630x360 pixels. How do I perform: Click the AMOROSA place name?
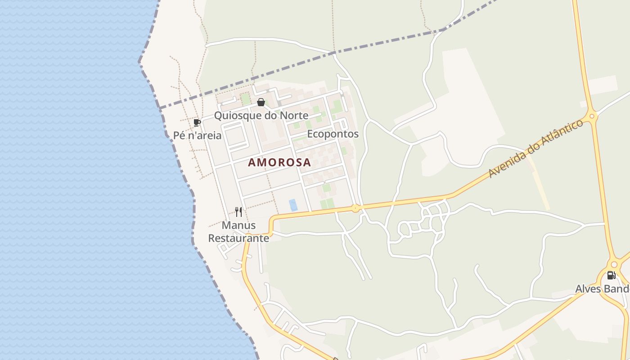[x=279, y=162]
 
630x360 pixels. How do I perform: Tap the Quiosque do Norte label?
[x=261, y=115]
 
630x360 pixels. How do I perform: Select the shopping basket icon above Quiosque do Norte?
[x=261, y=102]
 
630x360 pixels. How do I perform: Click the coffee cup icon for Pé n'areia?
[x=197, y=122]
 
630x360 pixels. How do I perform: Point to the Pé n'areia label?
[x=197, y=135]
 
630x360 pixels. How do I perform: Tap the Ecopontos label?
[x=333, y=134]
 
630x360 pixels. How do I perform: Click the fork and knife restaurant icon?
[x=238, y=211]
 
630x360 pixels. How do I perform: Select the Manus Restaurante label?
[x=238, y=231]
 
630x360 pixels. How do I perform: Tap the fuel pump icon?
[x=611, y=275]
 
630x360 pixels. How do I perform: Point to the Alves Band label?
[x=602, y=288]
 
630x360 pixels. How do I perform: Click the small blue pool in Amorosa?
[x=293, y=205]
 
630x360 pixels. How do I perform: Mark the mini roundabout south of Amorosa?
[x=355, y=208]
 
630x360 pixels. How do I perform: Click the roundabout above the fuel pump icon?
[x=614, y=265]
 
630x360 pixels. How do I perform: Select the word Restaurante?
[x=238, y=238]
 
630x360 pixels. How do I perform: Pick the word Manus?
[x=238, y=225]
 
